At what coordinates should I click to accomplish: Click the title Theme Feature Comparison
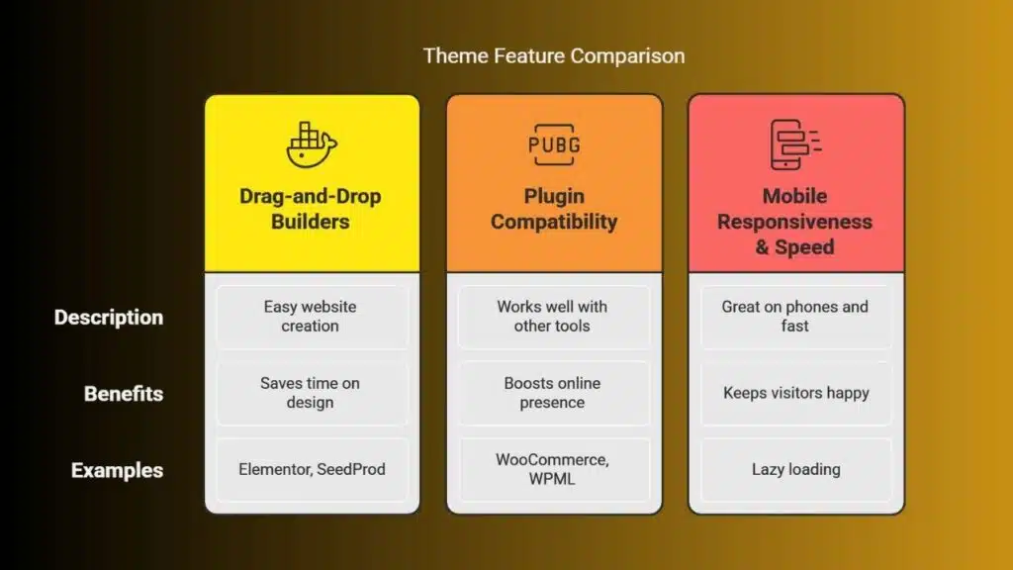point(554,56)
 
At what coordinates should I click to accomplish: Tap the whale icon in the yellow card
point(312,144)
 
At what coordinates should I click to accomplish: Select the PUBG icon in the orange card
point(554,144)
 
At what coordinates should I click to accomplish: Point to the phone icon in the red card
point(794,144)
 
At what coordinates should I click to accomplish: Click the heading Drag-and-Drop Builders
point(311,209)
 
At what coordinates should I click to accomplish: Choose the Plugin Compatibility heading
point(554,209)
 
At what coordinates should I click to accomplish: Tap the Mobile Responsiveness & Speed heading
point(794,221)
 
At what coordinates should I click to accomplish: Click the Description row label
point(109,318)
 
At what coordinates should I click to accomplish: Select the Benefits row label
point(124,394)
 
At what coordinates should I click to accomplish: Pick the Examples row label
point(117,470)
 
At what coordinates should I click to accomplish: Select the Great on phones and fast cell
point(796,317)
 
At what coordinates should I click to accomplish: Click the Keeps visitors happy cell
point(796,393)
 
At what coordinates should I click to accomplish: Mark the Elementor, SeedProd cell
point(312,470)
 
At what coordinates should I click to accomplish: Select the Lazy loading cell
point(796,470)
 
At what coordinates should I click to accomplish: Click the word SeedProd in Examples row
point(351,470)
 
